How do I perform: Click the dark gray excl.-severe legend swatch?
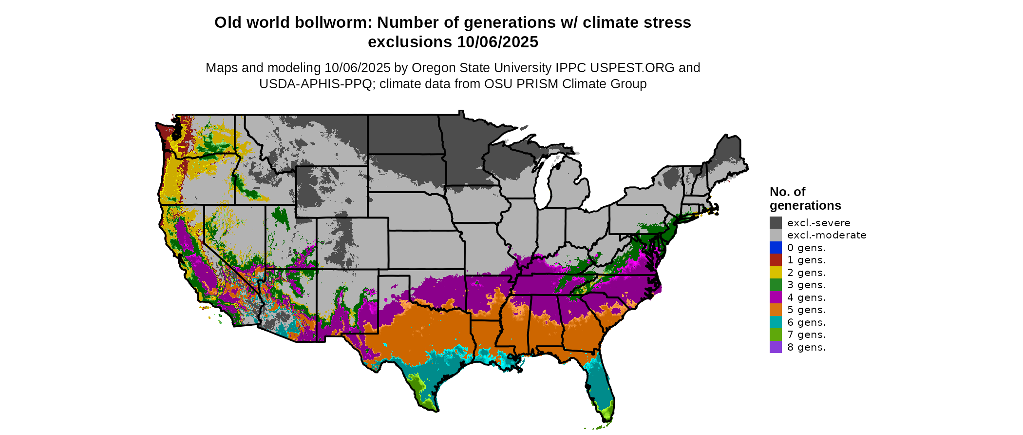tap(776, 223)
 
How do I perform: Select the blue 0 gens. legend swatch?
tap(776, 248)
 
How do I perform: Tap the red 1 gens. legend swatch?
tap(776, 260)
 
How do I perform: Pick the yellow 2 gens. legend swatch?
tap(776, 273)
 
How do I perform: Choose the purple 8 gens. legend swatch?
tap(776, 347)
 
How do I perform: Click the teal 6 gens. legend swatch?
tap(776, 322)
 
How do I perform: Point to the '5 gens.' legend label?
tap(806, 310)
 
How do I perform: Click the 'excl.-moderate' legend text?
tap(827, 235)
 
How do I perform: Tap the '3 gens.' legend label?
tap(806, 285)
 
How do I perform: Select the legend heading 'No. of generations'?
tap(805, 198)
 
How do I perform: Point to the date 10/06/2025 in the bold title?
tap(497, 42)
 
